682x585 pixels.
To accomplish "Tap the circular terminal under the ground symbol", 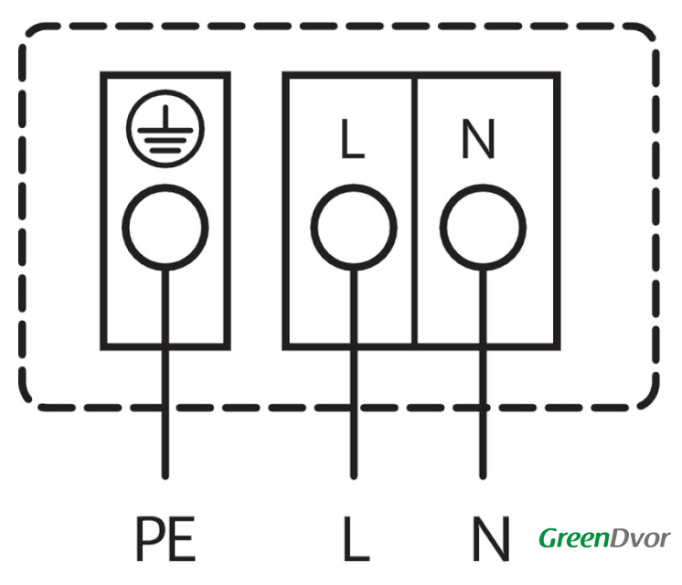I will [165, 224].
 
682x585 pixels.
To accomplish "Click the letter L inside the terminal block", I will [351, 140].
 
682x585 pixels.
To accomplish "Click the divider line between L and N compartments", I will [417, 210].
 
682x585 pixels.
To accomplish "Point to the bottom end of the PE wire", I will [165, 475].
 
